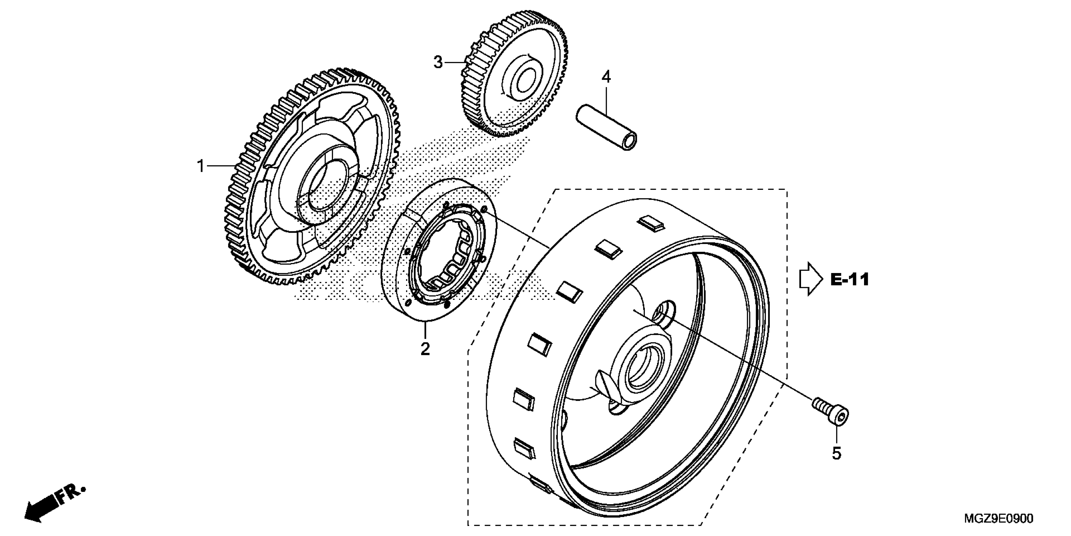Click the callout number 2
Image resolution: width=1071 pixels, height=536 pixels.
425,349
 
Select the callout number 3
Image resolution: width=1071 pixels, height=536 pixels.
438,63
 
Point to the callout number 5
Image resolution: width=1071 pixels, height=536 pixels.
837,453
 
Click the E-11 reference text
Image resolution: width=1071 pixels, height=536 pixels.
850,280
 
